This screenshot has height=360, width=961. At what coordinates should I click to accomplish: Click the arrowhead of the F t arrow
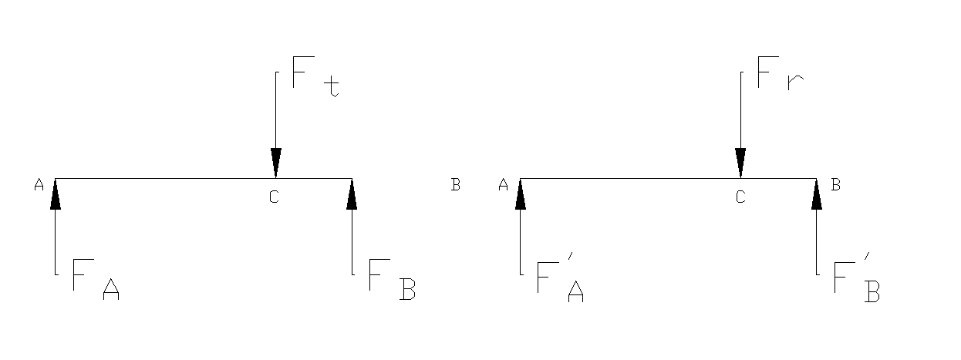pos(276,163)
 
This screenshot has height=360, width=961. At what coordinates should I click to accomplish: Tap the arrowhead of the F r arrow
pos(740,163)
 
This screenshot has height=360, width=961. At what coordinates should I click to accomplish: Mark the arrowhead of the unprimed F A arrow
pos(56,194)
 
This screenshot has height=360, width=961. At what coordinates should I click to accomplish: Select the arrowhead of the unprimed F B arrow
pos(352,194)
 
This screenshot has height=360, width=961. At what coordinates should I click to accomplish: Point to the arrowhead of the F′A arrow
pos(521,194)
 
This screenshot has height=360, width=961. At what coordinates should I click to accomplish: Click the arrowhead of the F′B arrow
pos(817,194)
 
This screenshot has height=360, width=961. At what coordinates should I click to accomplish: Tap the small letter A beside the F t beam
pos(39,184)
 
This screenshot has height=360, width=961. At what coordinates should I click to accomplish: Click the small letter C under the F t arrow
pos(274,197)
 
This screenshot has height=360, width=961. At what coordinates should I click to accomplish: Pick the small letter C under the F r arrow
pos(740,197)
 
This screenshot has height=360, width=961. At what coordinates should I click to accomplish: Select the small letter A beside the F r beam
pos(504,184)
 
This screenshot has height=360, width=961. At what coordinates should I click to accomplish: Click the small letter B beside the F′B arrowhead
pos(836,184)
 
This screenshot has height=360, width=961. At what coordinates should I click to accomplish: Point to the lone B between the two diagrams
pos(456,184)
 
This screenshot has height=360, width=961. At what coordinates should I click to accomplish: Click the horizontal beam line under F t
pos(170,179)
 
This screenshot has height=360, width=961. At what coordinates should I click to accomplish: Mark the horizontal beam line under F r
pos(632,179)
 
